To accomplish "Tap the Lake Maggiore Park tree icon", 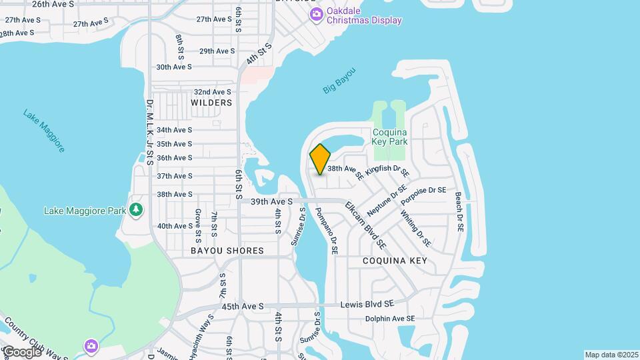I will click(x=136, y=211).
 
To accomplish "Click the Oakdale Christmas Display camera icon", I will click(x=317, y=14).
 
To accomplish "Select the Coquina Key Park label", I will click(x=390, y=137).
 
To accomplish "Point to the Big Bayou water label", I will click(x=339, y=81).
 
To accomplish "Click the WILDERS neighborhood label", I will click(x=211, y=103).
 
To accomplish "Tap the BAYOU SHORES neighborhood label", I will click(x=227, y=251).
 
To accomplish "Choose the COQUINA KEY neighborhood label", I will click(x=395, y=261).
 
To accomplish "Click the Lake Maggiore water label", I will click(x=44, y=131).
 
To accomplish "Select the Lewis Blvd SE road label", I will click(x=367, y=303).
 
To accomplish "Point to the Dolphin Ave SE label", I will click(x=390, y=319).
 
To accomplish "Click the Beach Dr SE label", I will click(x=459, y=212).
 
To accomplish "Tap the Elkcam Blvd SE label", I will click(x=365, y=221).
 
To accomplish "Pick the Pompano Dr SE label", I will click(x=327, y=231).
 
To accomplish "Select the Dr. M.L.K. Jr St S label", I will click(x=150, y=132).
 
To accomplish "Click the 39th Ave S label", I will click(x=272, y=201).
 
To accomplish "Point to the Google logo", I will click(x=21, y=351).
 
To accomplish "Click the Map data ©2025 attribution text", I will click(x=611, y=355).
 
